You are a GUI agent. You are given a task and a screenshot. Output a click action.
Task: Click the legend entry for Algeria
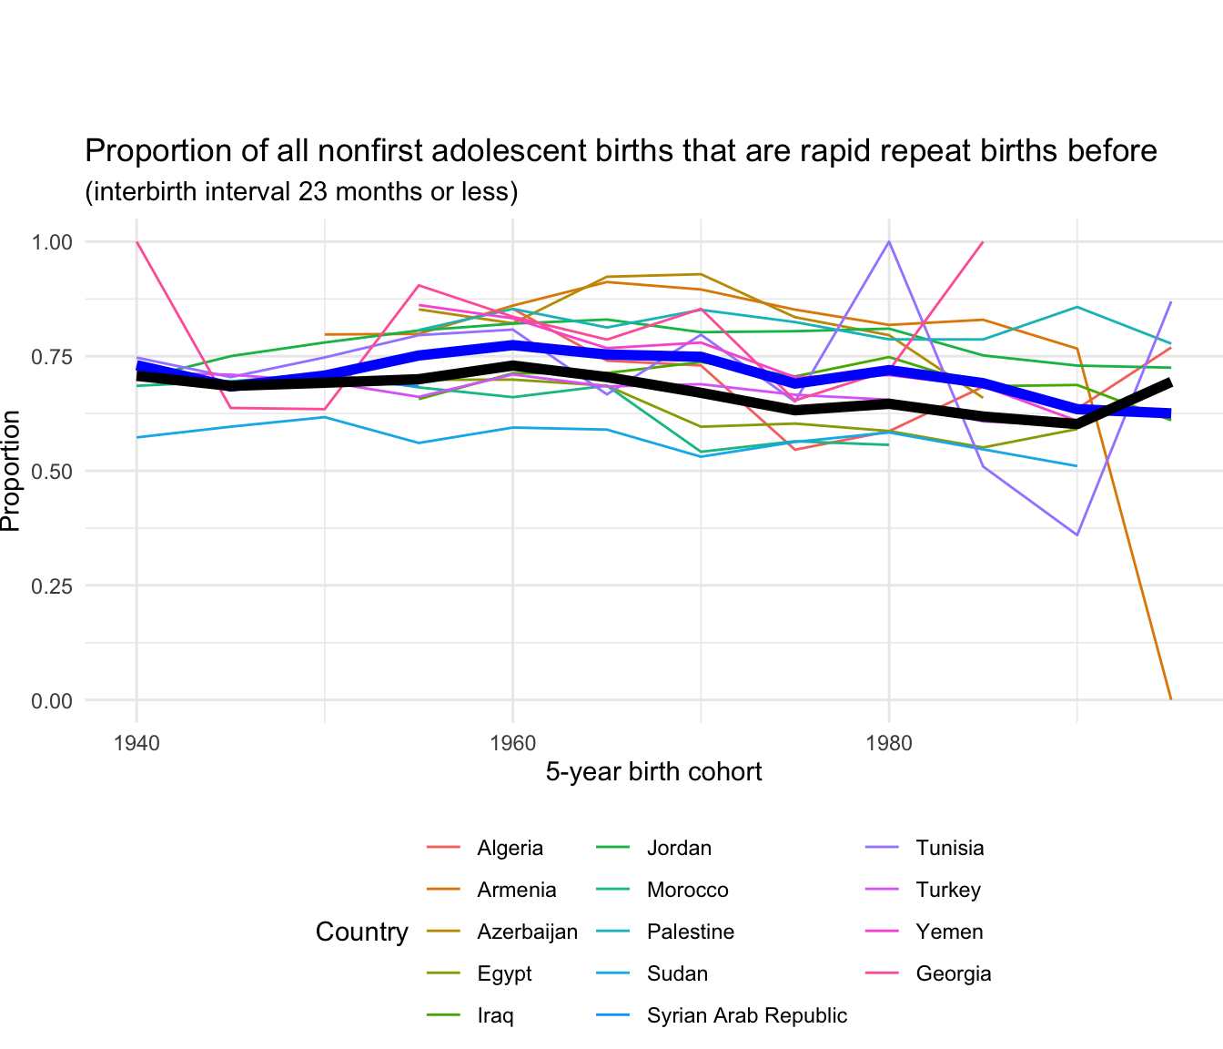tap(510, 849)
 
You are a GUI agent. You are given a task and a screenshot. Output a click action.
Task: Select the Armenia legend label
tap(516, 891)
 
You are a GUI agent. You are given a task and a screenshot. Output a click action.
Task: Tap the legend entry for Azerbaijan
tap(527, 932)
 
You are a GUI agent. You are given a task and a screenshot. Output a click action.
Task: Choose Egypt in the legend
tap(504, 974)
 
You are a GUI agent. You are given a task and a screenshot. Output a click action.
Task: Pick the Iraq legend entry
tap(495, 1016)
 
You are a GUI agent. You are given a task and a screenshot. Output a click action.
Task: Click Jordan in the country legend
tap(679, 849)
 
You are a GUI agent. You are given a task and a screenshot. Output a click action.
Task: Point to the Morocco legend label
tap(687, 891)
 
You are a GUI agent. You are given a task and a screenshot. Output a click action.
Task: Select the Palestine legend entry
tap(690, 932)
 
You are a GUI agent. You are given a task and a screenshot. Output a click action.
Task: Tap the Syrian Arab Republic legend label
tap(746, 1016)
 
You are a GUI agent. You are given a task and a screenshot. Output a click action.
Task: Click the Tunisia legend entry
tap(949, 849)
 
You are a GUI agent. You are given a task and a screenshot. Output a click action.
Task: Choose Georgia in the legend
tap(953, 974)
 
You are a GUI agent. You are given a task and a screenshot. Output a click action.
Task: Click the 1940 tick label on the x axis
tap(136, 742)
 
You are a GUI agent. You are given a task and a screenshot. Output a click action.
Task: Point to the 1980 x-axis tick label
tap(889, 742)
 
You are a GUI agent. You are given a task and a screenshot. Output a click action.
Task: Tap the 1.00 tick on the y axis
tap(53, 242)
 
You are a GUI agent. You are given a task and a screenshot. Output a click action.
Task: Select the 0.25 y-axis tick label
tap(53, 586)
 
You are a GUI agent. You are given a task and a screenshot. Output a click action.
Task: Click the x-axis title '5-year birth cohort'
tap(653, 773)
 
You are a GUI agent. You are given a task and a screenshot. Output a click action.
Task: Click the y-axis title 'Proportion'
tap(11, 471)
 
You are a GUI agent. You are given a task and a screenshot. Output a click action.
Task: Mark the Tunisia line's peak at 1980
tap(889, 242)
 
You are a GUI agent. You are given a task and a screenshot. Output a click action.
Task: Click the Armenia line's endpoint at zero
tap(1171, 699)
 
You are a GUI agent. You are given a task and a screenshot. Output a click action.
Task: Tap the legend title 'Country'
tap(361, 932)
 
